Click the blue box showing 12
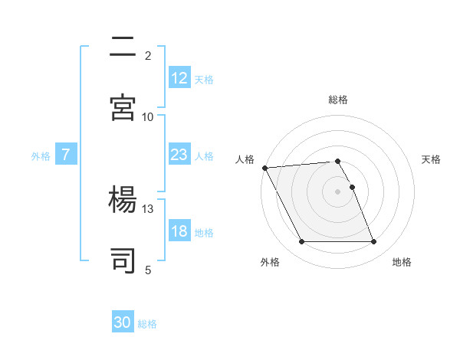coord(179,78)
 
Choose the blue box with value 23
coord(179,155)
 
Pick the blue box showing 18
coord(179,232)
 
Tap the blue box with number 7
coord(66,155)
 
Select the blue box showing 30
coord(123,322)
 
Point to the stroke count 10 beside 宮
coord(148,116)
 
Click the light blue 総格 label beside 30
coord(147,324)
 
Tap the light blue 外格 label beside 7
coord(41,155)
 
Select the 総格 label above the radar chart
coord(337,100)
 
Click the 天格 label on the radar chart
coord(432,159)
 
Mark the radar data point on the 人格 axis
coord(264,168)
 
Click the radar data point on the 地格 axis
coord(373,242)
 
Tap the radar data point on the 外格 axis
coord(301,242)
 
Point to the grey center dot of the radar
coord(337,191)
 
